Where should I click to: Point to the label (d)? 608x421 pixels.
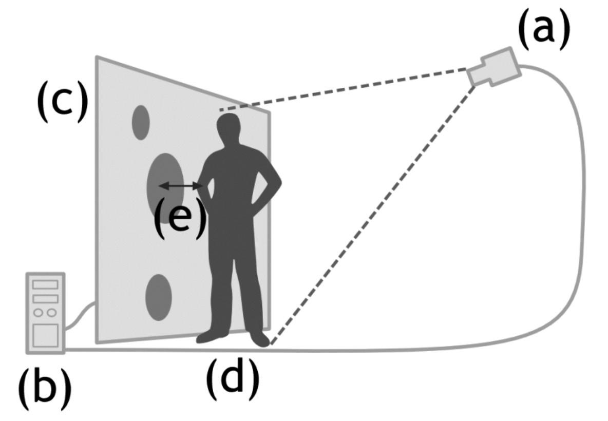tap(233, 378)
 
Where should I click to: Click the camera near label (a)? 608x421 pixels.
tap(496, 67)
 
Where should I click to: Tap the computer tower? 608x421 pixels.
tap(45, 313)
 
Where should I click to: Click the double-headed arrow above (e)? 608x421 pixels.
tap(180, 185)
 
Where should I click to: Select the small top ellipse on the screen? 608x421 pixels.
tap(141, 122)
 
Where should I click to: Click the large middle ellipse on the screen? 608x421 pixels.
tap(163, 185)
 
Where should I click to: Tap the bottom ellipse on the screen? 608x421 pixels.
tap(158, 297)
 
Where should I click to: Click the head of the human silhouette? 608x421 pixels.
tap(229, 128)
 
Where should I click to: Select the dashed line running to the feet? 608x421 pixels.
tap(370, 216)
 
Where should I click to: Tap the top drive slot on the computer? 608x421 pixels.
tap(45, 284)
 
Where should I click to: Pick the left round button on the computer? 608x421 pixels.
tap(39, 313)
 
